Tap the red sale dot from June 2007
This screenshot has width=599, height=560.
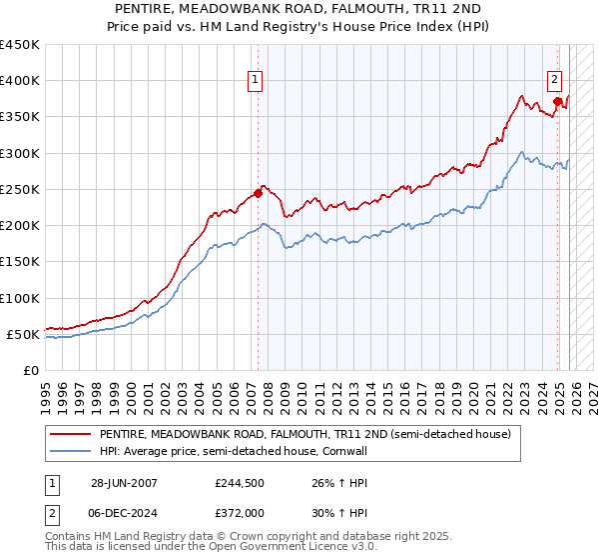click(x=258, y=193)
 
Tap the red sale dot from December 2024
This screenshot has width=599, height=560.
click(x=557, y=101)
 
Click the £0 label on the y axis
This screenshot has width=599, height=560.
click(x=30, y=370)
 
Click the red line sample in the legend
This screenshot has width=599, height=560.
click(x=71, y=434)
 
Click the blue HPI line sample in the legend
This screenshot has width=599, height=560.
click(x=71, y=450)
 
